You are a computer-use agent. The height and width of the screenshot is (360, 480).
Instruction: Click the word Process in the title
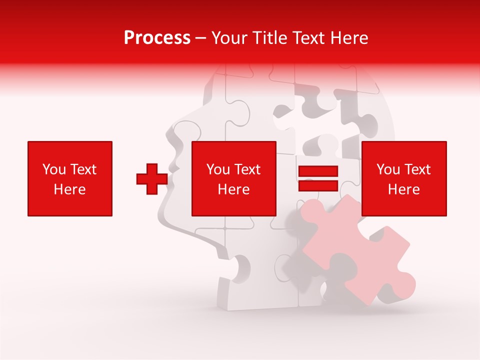(x=157, y=37)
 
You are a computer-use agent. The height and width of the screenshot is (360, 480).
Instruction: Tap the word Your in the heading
(x=229, y=37)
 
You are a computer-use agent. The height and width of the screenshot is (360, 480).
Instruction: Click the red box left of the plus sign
(x=70, y=178)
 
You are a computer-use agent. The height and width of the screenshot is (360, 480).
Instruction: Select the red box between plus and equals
(x=234, y=178)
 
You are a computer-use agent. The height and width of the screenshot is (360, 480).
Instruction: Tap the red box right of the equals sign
(x=404, y=178)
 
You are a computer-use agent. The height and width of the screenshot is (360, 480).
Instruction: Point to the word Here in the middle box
(x=234, y=189)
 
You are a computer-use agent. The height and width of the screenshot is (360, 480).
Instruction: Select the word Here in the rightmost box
(x=404, y=189)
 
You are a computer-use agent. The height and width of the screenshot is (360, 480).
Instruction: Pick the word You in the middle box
(x=218, y=169)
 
